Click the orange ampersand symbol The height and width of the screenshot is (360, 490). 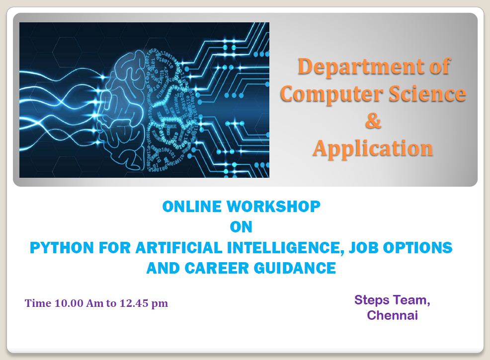[x=373, y=121]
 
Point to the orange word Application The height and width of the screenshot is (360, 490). [x=373, y=149]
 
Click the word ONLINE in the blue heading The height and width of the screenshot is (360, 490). [x=192, y=207]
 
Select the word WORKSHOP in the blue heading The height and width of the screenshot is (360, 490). [x=273, y=207]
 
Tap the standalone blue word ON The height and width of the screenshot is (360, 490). [x=241, y=227]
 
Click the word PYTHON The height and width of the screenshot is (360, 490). [x=62, y=248]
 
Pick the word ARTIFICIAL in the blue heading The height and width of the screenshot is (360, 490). [x=179, y=248]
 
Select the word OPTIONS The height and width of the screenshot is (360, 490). [x=417, y=248]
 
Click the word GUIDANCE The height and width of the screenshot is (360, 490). [x=295, y=268]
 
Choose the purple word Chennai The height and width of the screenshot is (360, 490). [x=392, y=315]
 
